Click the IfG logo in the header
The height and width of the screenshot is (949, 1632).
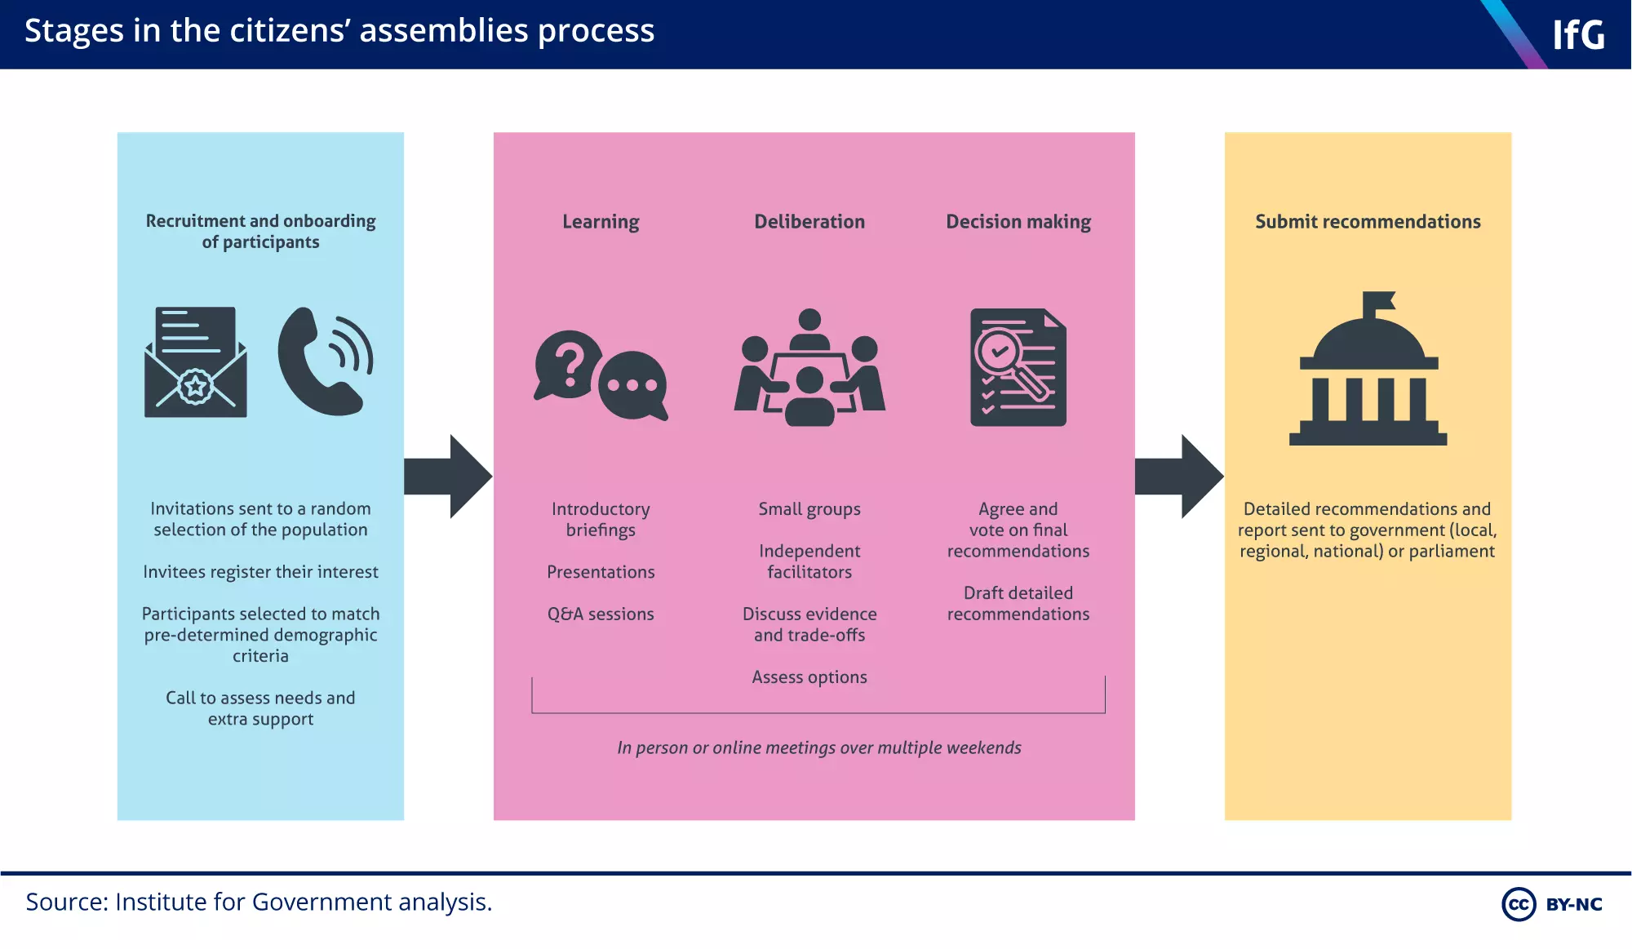[x=1577, y=35]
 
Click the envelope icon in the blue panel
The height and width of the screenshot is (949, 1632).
[x=195, y=362]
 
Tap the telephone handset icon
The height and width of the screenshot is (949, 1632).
[x=324, y=361]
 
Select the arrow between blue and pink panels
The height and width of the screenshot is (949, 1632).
[x=448, y=477]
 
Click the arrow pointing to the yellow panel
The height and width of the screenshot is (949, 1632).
[x=1179, y=477]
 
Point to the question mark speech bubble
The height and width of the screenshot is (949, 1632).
[x=568, y=364]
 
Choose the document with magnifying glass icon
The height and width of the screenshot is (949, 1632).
[x=1018, y=367]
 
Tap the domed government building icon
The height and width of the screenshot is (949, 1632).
[x=1368, y=369]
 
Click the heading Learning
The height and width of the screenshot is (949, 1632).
[x=601, y=222]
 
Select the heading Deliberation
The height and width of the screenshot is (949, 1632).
[x=809, y=222]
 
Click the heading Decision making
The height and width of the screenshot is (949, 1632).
[x=1018, y=222]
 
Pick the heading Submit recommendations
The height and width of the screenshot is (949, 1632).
[x=1368, y=222]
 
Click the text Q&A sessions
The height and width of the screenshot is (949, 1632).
[x=601, y=614]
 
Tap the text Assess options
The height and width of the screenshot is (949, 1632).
[x=809, y=677]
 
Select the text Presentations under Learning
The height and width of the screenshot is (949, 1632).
[x=601, y=572]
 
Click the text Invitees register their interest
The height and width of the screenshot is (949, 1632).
[x=260, y=572]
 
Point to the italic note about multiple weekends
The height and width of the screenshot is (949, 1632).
[x=818, y=747]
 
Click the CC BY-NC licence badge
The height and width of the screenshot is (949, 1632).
[x=1552, y=904]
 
